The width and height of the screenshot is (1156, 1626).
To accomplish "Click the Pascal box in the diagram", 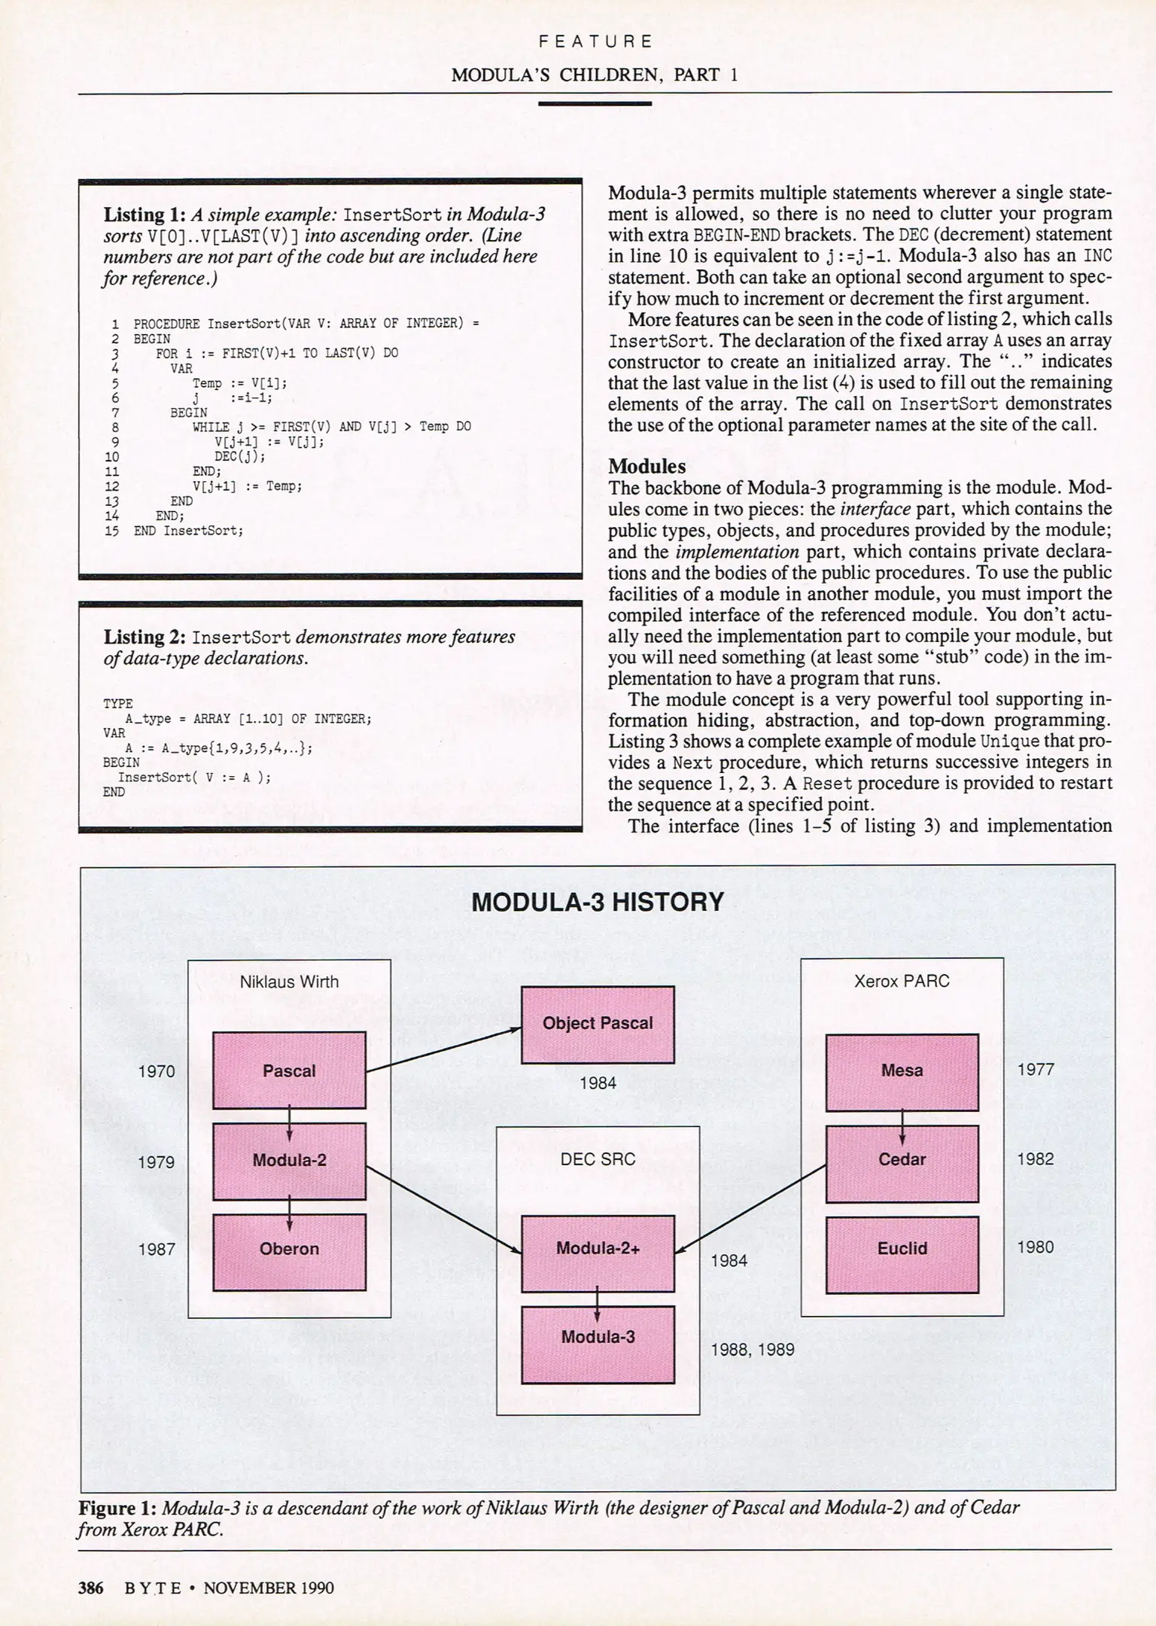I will pos(289,1070).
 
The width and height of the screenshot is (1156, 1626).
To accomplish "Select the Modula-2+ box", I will pos(598,1248).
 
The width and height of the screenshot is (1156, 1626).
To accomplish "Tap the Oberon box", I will pos(289,1249).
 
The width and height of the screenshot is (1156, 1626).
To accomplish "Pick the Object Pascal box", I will pos(598,1023).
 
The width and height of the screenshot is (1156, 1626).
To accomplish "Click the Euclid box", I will pos(902,1248).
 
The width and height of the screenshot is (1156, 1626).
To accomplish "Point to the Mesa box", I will pos(902,1070).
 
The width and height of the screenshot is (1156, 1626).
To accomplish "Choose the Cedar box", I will pos(902,1159).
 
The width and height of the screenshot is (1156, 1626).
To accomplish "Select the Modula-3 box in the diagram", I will pos(598,1337).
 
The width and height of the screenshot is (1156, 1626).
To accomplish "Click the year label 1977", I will pos(1036,1070).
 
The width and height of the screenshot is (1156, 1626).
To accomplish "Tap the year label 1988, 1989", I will pos(753,1350).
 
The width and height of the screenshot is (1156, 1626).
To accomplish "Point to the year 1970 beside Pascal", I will pos(157,1071).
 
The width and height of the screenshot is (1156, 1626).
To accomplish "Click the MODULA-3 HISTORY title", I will pos(598,902).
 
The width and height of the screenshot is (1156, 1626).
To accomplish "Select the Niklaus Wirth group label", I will pos(289,982).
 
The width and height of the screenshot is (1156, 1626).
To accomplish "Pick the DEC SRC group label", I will pos(598,1159).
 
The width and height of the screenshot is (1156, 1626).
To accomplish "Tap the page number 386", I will pos(90,1588).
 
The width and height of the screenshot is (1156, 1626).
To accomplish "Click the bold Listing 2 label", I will pos(144,637).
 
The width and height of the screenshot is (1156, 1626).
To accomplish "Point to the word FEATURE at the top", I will pos(595,41).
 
